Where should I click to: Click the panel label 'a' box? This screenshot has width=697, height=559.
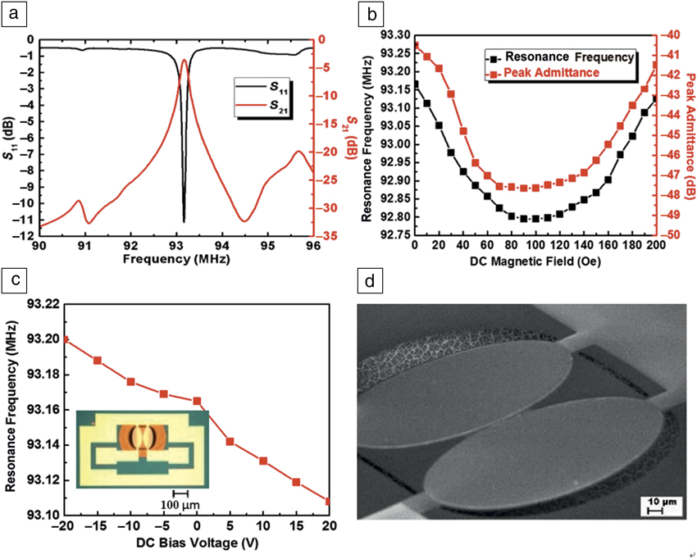[16, 15]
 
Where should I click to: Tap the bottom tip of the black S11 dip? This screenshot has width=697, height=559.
[184, 221]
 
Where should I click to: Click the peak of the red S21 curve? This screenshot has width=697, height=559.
[184, 60]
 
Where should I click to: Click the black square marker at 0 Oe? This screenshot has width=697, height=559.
[416, 84]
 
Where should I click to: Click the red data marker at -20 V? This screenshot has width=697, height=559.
[66, 339]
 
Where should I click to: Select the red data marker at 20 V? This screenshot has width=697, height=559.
[328, 501]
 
